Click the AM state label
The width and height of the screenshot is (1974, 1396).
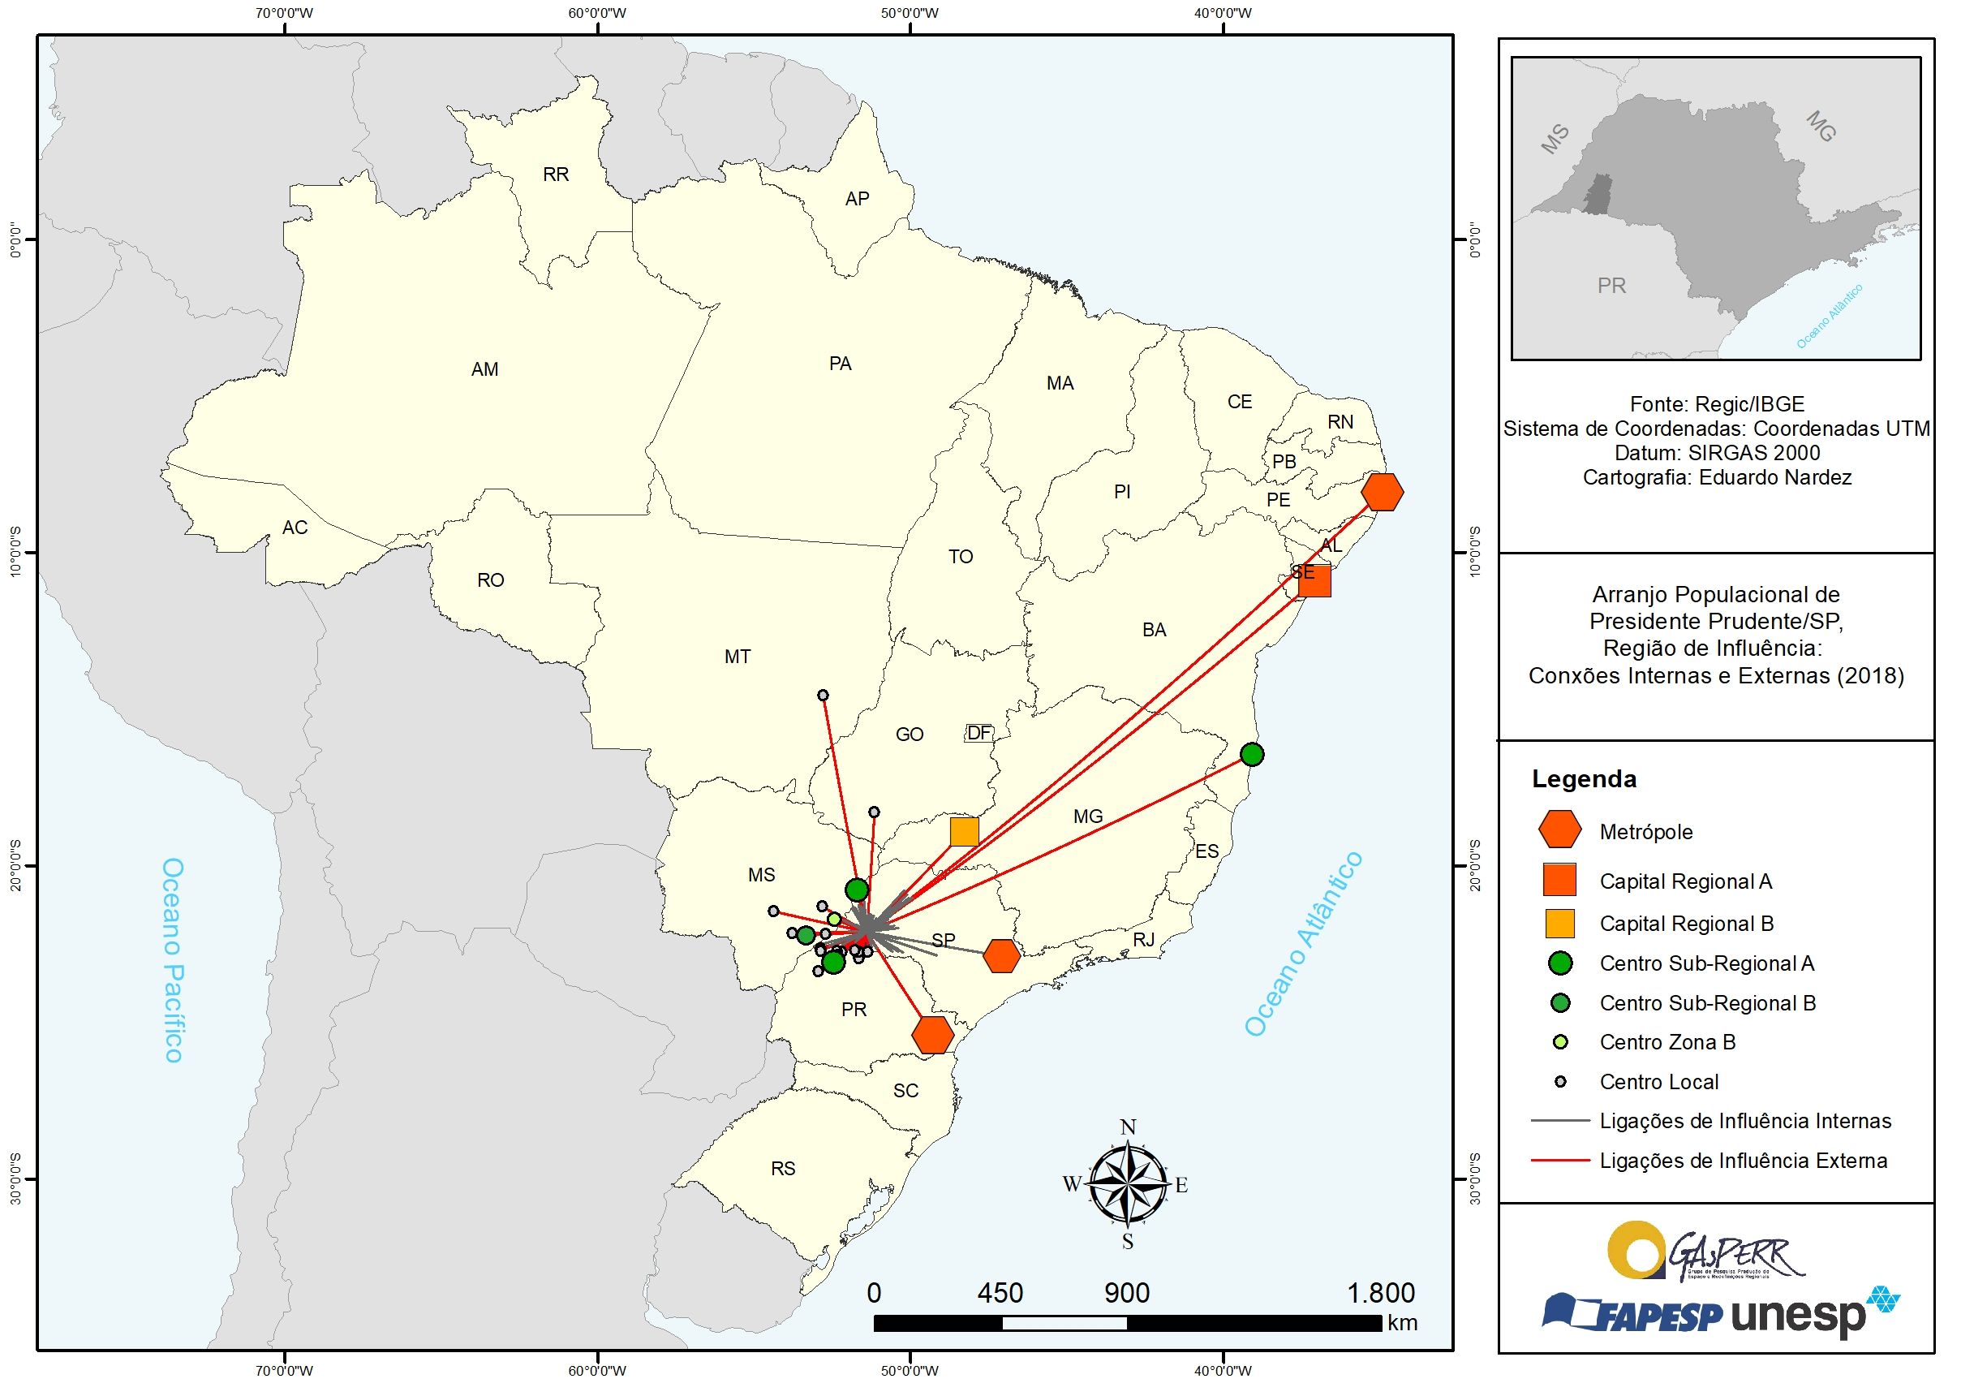point(484,369)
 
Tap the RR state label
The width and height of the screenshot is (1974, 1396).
point(556,174)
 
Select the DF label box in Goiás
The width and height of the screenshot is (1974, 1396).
point(978,733)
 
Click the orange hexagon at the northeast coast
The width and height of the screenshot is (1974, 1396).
point(1383,492)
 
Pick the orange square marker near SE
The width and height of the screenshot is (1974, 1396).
point(1314,580)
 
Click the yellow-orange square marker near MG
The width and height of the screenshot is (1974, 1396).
point(964,832)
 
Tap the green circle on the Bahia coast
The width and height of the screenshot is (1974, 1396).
point(1252,754)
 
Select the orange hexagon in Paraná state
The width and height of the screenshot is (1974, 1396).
point(933,1034)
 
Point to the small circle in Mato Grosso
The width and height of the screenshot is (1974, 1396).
point(823,695)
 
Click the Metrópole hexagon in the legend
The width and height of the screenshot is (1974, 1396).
point(1559,830)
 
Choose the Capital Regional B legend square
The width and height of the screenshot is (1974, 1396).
point(1559,923)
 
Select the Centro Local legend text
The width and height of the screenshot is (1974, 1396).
point(1658,1082)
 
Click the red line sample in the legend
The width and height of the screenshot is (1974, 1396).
point(1559,1161)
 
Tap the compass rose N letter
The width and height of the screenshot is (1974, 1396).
point(1128,1127)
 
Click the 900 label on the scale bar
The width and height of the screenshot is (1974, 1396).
point(1126,1293)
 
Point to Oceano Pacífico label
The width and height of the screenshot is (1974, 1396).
point(173,959)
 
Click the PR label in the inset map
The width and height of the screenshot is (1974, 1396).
point(1611,286)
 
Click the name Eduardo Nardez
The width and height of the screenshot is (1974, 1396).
point(1774,477)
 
